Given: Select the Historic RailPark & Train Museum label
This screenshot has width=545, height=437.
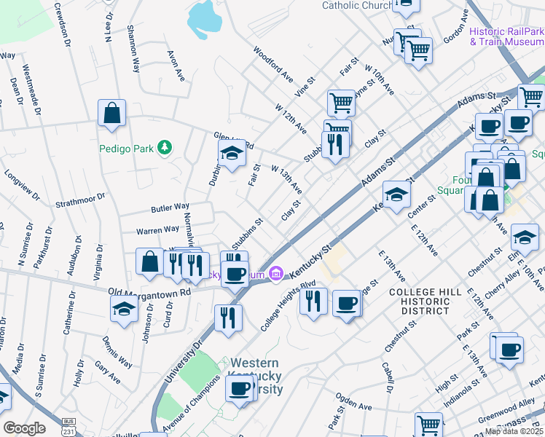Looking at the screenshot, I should pyautogui.click(x=506, y=36).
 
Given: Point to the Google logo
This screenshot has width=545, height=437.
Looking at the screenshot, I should pyautogui.click(x=24, y=428).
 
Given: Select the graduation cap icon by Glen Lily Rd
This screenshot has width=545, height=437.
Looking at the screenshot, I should pyautogui.click(x=232, y=153).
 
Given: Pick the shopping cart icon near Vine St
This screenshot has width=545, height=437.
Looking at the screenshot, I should pyautogui.click(x=340, y=103).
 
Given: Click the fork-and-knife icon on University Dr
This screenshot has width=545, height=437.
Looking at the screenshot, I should pyautogui.click(x=228, y=318).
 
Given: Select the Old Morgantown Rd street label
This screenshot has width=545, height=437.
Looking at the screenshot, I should pyautogui.click(x=149, y=291).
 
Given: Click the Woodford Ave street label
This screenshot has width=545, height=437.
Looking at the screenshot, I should pyautogui.click(x=273, y=65).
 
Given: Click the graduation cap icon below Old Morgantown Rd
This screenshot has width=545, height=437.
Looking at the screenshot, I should pyautogui.click(x=124, y=309).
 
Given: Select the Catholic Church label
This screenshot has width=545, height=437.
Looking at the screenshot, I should pyautogui.click(x=357, y=6).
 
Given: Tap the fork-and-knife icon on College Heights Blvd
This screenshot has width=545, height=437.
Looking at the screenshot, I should pyautogui.click(x=313, y=300).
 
